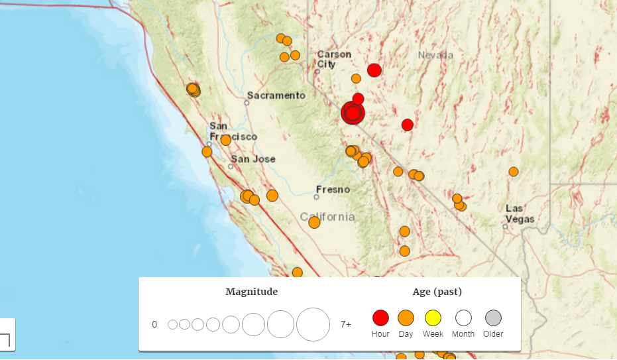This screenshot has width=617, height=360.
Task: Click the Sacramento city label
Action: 277,95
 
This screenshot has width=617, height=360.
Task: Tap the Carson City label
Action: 333,59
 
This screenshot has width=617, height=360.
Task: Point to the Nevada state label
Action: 435,55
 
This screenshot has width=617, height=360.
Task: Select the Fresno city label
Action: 333,190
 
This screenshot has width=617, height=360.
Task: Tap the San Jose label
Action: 253,159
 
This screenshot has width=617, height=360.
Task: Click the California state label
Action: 327,217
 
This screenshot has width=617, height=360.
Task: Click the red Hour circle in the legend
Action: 380,318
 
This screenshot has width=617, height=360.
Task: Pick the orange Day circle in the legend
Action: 406,318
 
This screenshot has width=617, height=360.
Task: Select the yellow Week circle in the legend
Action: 433,318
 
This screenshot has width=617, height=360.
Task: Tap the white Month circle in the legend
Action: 463,318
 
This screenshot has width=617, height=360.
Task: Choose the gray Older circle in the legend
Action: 493,318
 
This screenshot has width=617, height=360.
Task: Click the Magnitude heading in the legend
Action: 251,292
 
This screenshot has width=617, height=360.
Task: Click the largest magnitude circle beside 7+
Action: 313,324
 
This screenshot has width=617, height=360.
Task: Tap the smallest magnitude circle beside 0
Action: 172,324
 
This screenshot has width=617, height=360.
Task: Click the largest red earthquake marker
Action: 353,113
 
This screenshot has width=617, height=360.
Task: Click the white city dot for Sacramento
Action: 247,103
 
